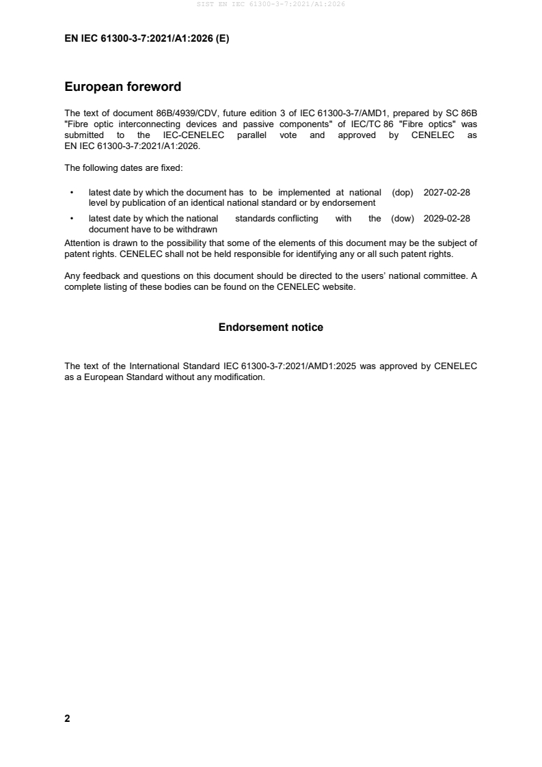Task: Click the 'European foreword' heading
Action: tap(122, 87)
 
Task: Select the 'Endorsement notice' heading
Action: tap(271, 327)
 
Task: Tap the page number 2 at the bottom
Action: tap(67, 718)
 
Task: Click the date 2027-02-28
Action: tap(447, 193)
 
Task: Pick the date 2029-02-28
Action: tap(447, 219)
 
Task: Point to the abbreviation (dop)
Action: tap(403, 193)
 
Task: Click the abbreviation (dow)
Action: tap(403, 219)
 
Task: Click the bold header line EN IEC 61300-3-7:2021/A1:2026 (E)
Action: tap(147, 39)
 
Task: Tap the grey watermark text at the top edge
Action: tap(271, 4)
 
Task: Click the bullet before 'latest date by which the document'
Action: tap(72, 193)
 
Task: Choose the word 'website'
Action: tap(339, 287)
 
